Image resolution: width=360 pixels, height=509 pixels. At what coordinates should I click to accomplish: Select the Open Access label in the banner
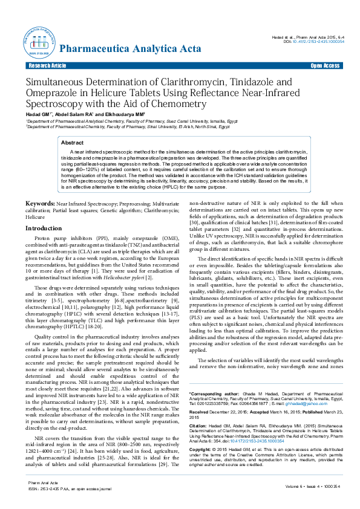[x=325, y=65]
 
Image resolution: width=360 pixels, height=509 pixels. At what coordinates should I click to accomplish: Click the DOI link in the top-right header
[x=314, y=42]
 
